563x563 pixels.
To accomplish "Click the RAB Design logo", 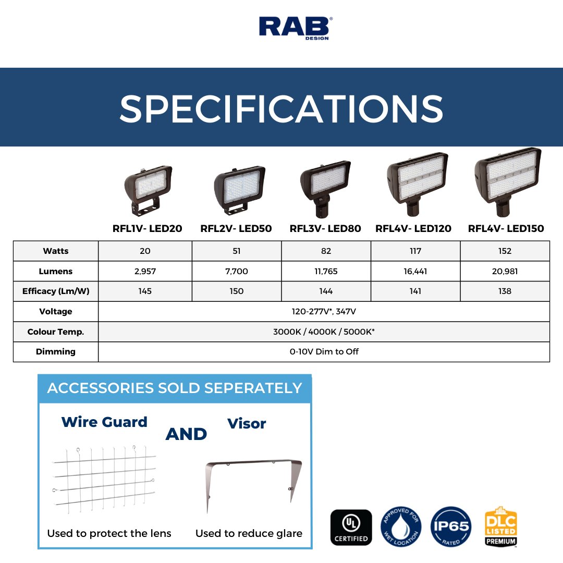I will [x=296, y=28].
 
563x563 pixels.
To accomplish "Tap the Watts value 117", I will [x=415, y=251].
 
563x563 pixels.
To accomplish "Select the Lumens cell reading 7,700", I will [x=237, y=272].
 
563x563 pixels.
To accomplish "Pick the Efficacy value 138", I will [x=505, y=291].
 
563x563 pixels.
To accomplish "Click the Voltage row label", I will [x=56, y=312].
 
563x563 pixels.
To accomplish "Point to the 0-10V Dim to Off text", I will [x=324, y=352].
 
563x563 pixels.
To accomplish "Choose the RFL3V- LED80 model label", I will [x=325, y=229].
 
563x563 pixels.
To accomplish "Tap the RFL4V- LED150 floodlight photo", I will [x=507, y=179].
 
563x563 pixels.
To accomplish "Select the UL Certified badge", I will [x=351, y=528].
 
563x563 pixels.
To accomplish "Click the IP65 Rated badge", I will [x=451, y=527].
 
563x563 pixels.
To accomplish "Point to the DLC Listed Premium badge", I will [x=500, y=527].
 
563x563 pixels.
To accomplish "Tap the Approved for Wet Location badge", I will [x=401, y=527].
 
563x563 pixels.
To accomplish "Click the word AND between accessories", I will [x=186, y=434].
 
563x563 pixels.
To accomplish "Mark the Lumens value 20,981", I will [x=505, y=272].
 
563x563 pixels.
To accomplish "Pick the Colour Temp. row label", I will [x=56, y=332].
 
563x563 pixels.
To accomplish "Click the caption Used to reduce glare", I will [x=249, y=533].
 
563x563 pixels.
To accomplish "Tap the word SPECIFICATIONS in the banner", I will [x=281, y=108].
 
